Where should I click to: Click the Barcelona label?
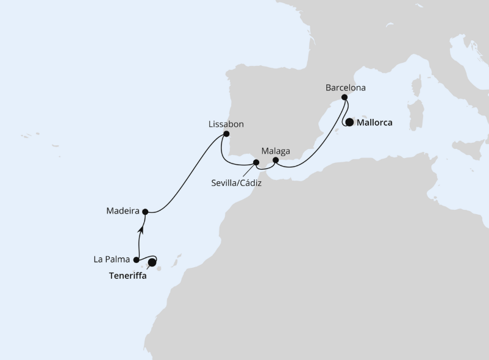[345, 88]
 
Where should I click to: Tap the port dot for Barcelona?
[344, 98]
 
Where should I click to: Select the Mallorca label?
[374, 122]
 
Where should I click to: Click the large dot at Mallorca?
[349, 122]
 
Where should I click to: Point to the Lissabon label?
[226, 124]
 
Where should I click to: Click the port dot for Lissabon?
[226, 134]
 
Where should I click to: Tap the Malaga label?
[275, 150]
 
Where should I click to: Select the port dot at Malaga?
[276, 160]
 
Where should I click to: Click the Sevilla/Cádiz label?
[237, 182]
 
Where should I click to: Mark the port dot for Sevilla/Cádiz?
[256, 162]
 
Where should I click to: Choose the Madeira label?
[122, 211]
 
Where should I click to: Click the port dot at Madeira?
[145, 212]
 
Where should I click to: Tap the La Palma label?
[112, 259]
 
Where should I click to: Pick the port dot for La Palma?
[137, 260]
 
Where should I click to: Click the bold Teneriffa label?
[127, 275]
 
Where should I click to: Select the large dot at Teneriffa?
[152, 262]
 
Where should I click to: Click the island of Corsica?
[419, 85]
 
